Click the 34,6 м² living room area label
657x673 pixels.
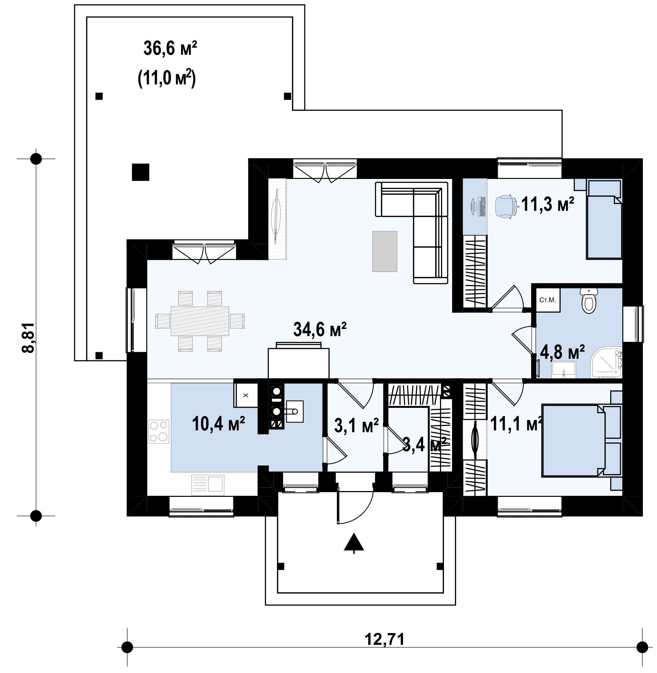click(x=320, y=330)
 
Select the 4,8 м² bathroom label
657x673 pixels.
click(x=562, y=353)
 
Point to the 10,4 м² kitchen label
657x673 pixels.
click(x=218, y=423)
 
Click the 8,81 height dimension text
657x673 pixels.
click(x=28, y=337)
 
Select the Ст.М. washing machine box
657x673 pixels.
click(x=548, y=300)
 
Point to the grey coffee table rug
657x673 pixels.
click(x=384, y=251)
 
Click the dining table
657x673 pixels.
click(x=200, y=321)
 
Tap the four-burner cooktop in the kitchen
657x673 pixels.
click(x=159, y=431)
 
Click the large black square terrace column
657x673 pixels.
click(x=140, y=172)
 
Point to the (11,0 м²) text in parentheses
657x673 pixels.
click(x=167, y=79)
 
